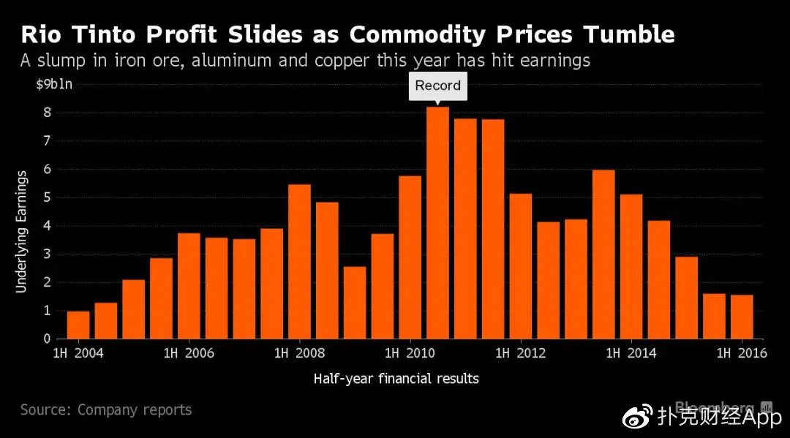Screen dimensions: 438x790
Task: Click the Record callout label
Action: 437,86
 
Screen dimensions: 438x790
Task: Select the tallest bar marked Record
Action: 437,223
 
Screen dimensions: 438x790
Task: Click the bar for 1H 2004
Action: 78,325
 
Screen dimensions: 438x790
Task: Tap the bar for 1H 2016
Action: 741,317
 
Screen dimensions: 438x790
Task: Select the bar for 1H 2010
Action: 410,257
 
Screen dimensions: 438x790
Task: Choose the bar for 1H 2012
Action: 520,266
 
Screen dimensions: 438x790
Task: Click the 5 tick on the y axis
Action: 48,197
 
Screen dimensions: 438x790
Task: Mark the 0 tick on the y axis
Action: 48,339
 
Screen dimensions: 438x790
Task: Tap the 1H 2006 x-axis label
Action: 189,354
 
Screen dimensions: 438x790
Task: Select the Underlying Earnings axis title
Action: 21,231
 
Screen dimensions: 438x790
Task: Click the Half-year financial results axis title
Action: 396,379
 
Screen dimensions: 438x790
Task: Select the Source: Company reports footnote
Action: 106,410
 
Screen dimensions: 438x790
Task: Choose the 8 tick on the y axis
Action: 48,113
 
